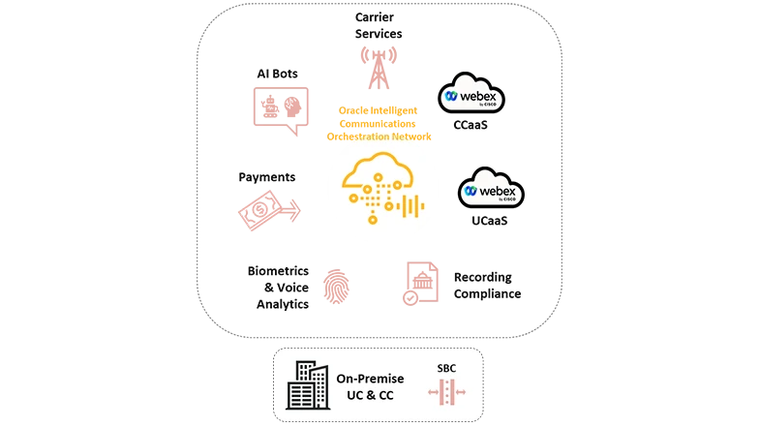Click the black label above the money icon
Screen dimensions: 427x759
point(267,178)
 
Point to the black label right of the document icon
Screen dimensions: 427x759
point(487,285)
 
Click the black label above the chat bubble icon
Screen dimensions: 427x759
point(279,75)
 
